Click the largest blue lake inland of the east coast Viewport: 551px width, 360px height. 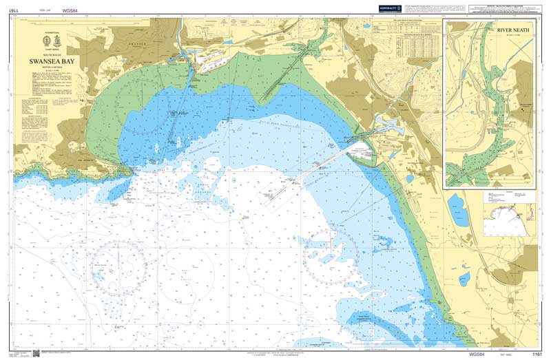[455, 205]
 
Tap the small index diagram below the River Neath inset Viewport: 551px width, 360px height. [509, 214]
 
